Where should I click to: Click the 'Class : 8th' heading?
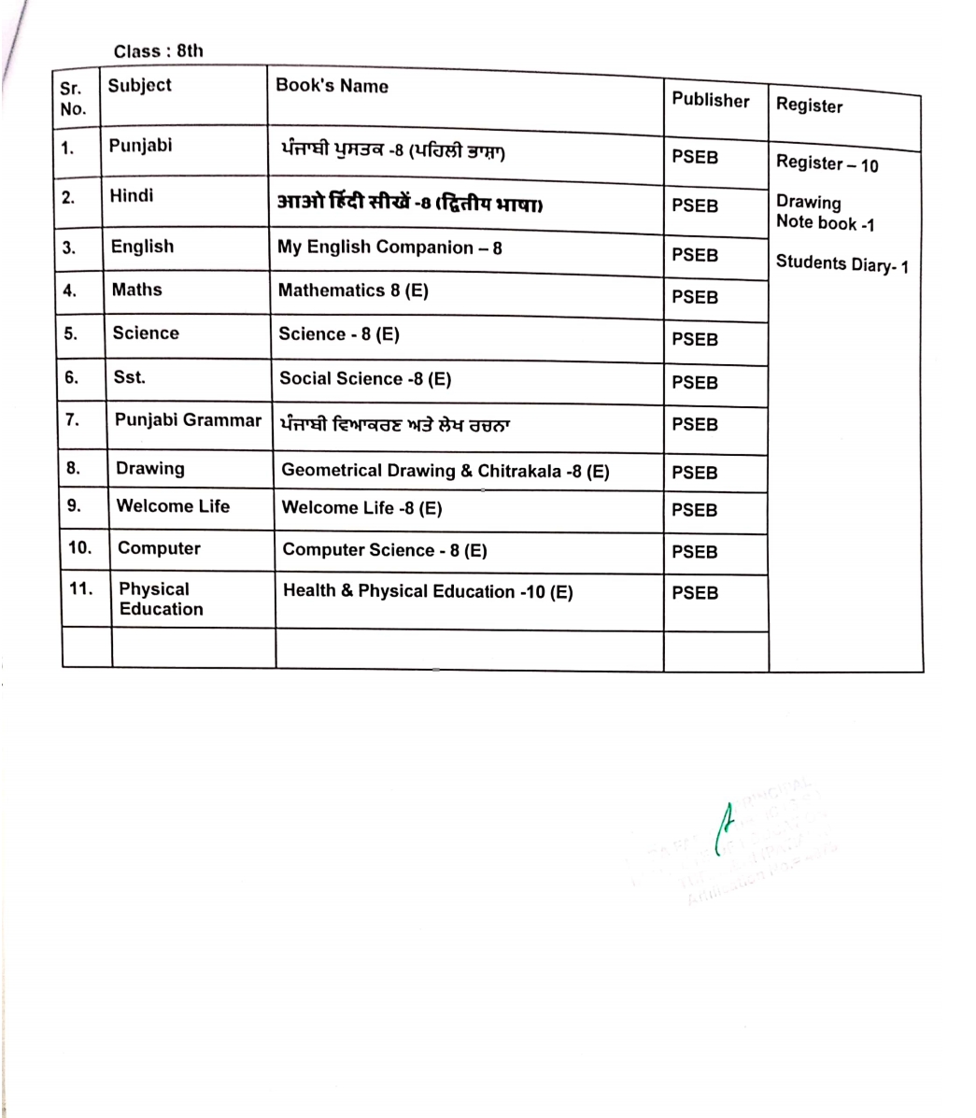[158, 51]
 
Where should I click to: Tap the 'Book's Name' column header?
[332, 86]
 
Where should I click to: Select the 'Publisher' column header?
[710, 100]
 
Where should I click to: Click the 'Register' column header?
[809, 106]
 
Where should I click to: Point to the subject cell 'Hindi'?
[132, 196]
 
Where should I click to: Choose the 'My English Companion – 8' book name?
[389, 248]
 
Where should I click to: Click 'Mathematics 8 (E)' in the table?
[353, 290]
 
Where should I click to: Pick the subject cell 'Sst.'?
[130, 377]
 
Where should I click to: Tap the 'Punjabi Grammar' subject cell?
[188, 420]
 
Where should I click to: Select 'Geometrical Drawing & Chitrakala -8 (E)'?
[445, 471]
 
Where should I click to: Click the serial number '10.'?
[80, 548]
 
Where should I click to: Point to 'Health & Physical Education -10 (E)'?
[428, 591]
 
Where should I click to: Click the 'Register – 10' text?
[827, 164]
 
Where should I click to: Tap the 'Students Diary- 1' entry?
[842, 264]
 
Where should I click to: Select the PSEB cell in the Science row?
[695, 340]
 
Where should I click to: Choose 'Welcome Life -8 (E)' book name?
[361, 508]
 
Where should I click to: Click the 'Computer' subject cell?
[159, 548]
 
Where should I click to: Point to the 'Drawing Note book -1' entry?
[824, 213]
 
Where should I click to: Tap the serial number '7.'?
[73, 419]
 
